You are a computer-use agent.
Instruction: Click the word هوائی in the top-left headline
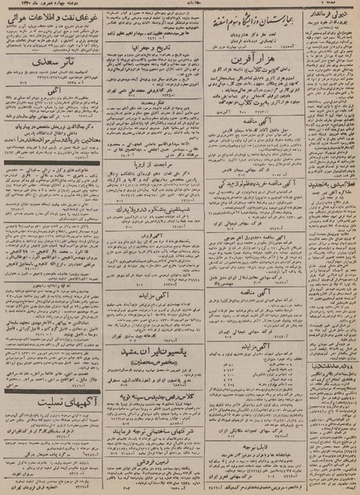(x=22, y=17)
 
